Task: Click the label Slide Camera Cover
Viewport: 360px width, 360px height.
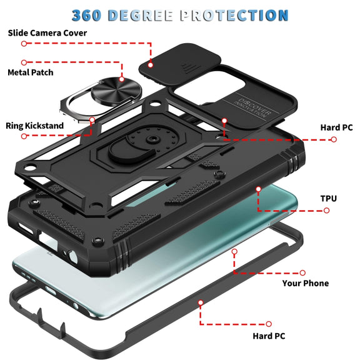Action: [47, 33]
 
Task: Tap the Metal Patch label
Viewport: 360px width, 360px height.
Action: [31, 72]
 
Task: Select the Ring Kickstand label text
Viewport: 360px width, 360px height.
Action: [34, 126]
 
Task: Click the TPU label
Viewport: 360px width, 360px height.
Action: [329, 199]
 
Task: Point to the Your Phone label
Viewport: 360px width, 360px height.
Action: [306, 283]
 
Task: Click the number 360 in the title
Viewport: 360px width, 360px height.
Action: [86, 16]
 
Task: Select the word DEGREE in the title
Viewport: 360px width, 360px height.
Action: [140, 16]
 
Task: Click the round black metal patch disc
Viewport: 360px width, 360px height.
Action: [116, 91]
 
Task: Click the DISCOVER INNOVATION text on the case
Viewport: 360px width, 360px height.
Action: [252, 108]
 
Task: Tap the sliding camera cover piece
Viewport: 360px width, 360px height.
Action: [180, 64]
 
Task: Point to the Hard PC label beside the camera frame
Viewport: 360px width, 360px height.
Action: [336, 127]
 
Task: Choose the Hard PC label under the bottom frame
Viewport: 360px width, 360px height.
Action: [269, 336]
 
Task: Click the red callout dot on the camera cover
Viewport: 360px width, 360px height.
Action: [151, 65]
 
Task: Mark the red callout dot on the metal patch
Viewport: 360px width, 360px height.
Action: [122, 79]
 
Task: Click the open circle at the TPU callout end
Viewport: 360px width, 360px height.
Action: [326, 211]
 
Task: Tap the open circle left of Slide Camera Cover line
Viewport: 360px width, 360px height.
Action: [24, 43]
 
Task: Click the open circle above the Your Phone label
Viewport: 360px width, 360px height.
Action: [302, 272]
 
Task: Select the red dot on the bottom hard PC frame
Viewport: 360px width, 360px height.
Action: [201, 302]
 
